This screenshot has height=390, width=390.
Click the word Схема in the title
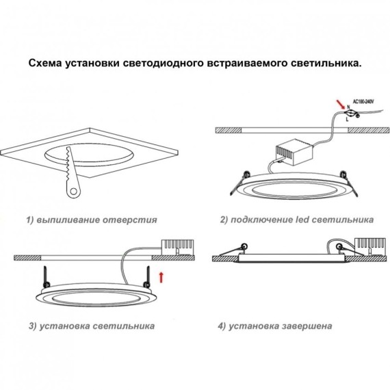point(46,63)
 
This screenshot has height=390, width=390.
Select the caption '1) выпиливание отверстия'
point(92,220)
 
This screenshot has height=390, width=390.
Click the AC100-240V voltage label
point(362,101)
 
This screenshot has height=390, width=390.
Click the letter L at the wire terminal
point(348,120)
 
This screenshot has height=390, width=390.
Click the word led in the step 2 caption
point(307,220)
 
